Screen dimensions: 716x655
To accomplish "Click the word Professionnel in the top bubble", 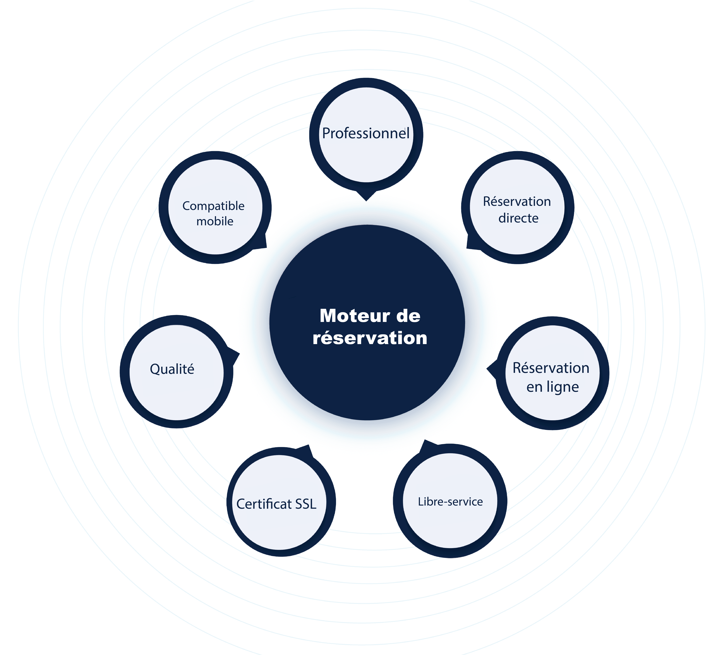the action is (x=366, y=133).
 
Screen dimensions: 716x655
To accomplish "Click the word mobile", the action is (x=215, y=221).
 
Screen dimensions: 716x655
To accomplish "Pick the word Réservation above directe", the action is (x=517, y=201).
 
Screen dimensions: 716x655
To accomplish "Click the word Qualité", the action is (x=172, y=369).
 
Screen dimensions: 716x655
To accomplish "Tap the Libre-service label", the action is (x=450, y=502).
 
